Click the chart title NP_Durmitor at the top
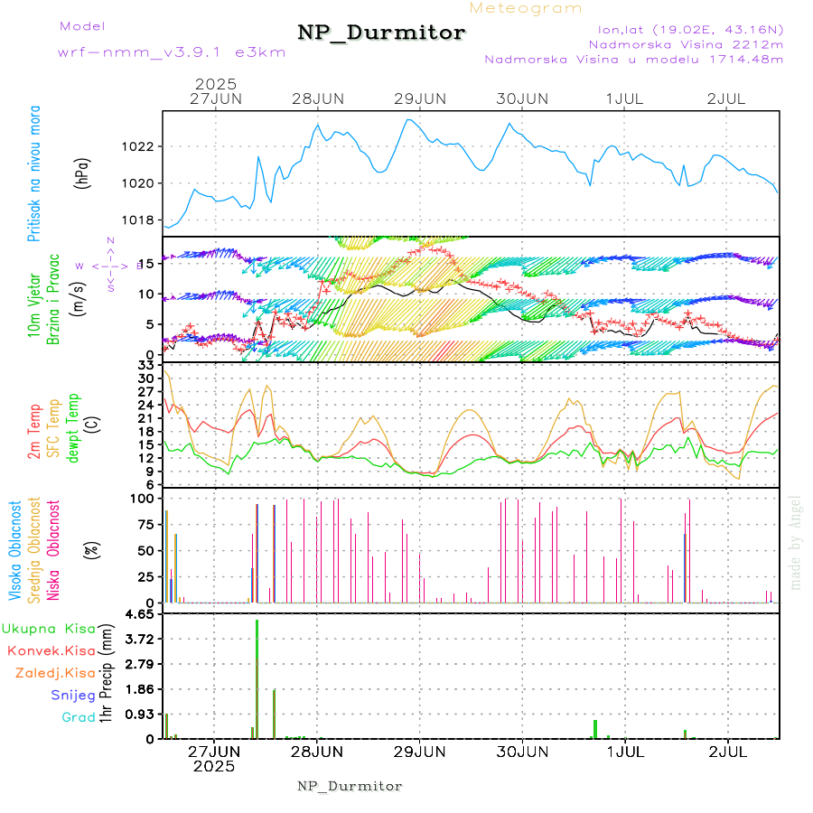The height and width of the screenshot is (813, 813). click(381, 33)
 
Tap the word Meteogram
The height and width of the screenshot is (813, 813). click(526, 8)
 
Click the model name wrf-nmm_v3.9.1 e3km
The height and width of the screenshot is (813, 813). click(171, 51)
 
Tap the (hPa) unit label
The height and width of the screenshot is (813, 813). click(83, 173)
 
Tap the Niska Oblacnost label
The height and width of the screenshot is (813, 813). click(53, 549)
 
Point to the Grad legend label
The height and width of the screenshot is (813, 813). click(78, 717)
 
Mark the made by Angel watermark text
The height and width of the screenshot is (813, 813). click(796, 543)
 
